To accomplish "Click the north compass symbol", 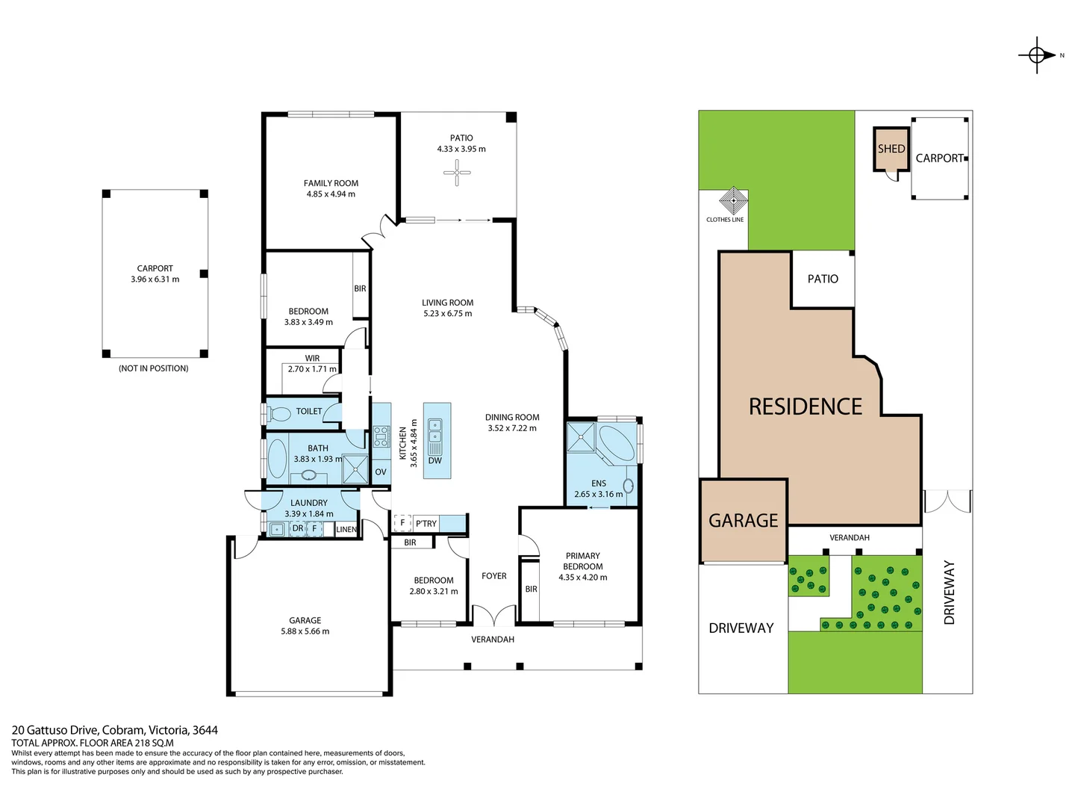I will click(x=1037, y=55).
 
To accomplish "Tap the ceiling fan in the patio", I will click(x=457, y=173).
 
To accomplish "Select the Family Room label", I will click(x=331, y=183).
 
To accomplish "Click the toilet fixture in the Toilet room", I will click(x=280, y=412).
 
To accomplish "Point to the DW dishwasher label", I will click(x=435, y=460).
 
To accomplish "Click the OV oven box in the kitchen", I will click(x=381, y=471).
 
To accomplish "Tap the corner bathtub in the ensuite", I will click(x=616, y=442).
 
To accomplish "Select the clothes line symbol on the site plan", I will click(x=733, y=200).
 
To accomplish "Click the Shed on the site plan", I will click(x=891, y=149).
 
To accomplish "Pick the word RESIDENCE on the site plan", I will click(x=806, y=406).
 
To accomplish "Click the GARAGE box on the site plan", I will click(x=744, y=521).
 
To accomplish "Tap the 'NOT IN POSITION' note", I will click(x=154, y=368).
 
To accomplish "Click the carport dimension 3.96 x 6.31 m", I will click(x=155, y=279).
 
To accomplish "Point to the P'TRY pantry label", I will click(x=426, y=523).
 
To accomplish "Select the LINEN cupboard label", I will click(x=346, y=529).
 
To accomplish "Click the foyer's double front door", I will click(x=493, y=616).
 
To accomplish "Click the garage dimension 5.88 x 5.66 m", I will click(x=305, y=631).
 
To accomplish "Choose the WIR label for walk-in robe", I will click(x=312, y=358).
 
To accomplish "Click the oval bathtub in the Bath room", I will click(x=277, y=458).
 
